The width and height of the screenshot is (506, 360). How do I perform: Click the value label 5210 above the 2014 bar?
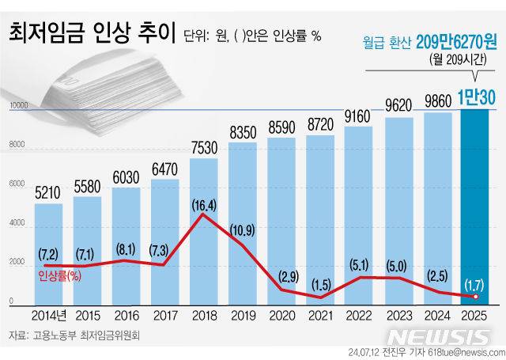(x=49, y=191)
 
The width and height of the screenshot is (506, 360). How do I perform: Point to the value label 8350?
(x=242, y=131)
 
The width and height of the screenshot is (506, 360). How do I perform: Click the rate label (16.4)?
(x=203, y=205)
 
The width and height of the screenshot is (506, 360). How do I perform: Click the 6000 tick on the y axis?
(x=17, y=184)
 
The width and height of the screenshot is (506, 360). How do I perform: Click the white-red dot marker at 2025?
(x=475, y=297)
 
